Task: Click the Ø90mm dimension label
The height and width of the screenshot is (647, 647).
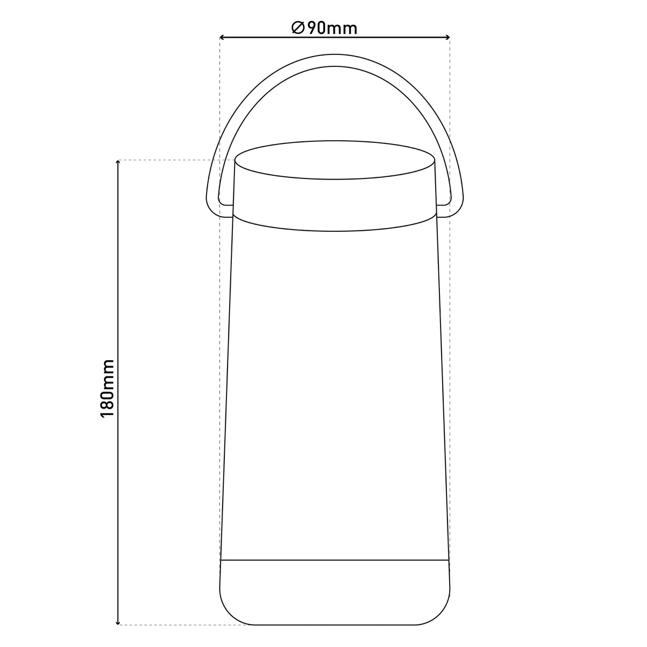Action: click(325, 28)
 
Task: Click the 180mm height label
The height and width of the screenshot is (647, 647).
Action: click(107, 388)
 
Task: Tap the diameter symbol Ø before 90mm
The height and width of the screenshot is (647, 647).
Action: click(298, 28)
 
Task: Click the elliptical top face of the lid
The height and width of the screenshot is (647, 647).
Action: click(334, 160)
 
